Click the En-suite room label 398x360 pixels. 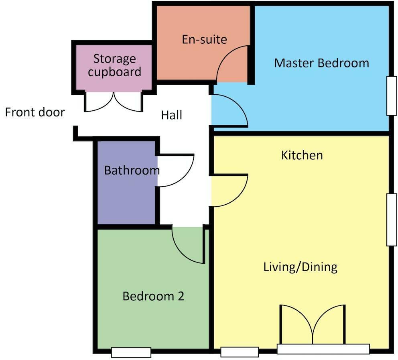tap(204, 39)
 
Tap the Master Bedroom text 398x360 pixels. tap(321, 63)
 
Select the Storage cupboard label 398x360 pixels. tap(115, 65)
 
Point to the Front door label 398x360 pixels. tap(35, 112)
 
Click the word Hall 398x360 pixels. tap(171, 116)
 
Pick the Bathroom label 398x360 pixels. tap(132, 170)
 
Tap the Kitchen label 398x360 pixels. tap(302, 155)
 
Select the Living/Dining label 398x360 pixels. tap(300, 267)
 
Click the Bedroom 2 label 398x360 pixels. tap(153, 297)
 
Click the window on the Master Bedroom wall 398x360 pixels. tap(391, 96)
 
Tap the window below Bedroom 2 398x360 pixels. tap(131, 352)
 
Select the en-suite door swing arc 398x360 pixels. tap(231, 64)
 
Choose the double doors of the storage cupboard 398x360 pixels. tap(114, 102)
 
